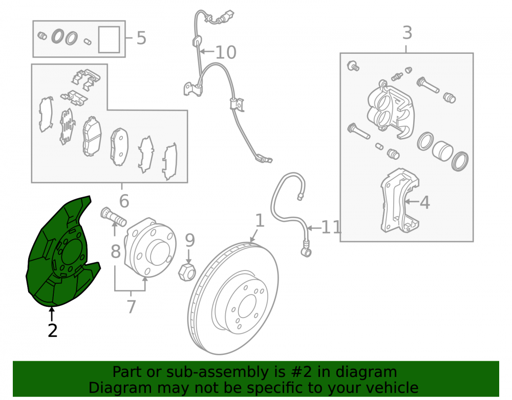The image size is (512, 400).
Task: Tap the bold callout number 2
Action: click(53, 331)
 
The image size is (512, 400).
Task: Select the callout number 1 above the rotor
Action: click(260, 220)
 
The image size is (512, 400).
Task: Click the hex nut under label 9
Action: click(187, 272)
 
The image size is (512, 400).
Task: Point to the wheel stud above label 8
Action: click(113, 217)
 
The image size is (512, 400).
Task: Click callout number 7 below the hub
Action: click(131, 307)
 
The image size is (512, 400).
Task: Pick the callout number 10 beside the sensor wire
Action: click(226, 52)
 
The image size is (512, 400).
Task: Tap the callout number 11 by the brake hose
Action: click(331, 227)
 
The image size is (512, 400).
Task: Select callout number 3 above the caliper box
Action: click(407, 33)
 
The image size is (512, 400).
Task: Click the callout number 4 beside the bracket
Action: click(424, 202)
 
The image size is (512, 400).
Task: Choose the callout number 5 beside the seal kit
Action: click(141, 38)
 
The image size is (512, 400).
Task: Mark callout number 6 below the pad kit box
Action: click(124, 201)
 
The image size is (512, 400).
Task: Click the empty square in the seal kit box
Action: click(109, 39)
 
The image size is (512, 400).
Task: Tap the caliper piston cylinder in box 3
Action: click(442, 151)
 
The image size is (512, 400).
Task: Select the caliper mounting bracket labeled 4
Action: click(399, 200)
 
